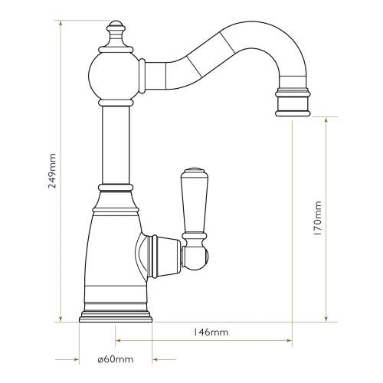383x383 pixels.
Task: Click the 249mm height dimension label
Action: (x=52, y=170)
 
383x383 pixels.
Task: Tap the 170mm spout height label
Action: (x=319, y=220)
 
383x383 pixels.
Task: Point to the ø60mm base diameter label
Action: (x=116, y=359)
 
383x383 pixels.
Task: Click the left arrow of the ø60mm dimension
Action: (x=75, y=359)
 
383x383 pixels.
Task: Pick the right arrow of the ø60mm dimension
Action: (x=155, y=359)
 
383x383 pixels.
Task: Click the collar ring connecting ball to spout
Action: (x=143, y=76)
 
